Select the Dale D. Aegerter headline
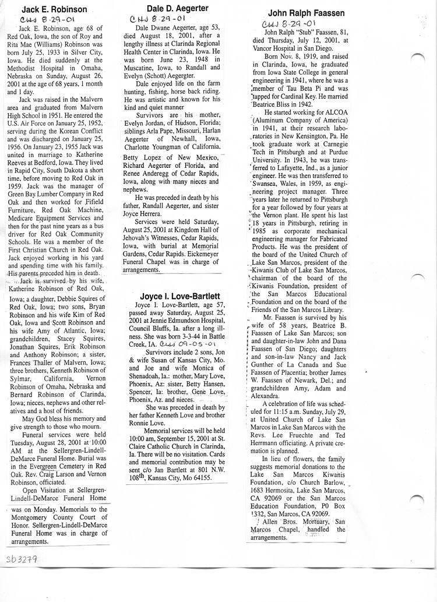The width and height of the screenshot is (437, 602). [x=174, y=8]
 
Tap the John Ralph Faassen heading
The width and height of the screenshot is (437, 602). [x=306, y=13]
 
